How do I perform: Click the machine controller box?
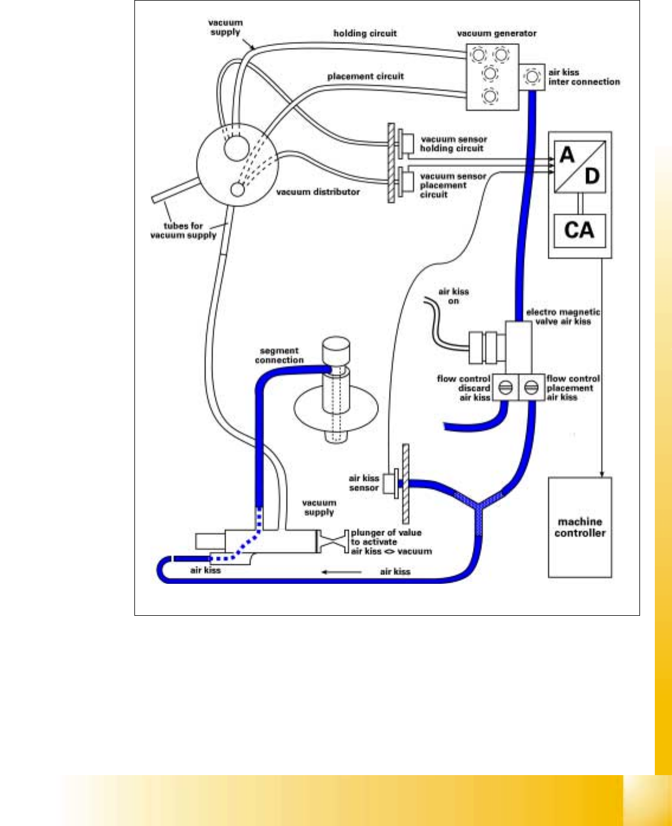click(x=580, y=527)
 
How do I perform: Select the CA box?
click(x=579, y=230)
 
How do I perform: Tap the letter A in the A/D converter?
click(x=567, y=155)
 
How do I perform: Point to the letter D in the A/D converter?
click(x=591, y=176)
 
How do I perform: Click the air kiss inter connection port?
click(x=532, y=77)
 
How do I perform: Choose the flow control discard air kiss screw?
click(x=505, y=388)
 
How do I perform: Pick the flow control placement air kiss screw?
click(x=531, y=388)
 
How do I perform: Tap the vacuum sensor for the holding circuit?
click(x=407, y=143)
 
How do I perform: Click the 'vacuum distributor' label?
click(x=318, y=192)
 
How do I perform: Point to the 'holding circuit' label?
click(x=365, y=33)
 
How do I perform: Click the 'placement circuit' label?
click(x=365, y=76)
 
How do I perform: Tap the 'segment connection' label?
click(x=279, y=355)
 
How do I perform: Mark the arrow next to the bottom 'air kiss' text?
click(x=341, y=572)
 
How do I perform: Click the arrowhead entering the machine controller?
click(x=603, y=474)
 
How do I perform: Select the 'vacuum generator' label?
click(x=497, y=34)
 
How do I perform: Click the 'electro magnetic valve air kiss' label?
click(x=563, y=317)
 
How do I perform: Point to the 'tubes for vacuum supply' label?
click(x=183, y=230)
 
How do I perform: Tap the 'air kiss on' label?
click(x=454, y=296)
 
